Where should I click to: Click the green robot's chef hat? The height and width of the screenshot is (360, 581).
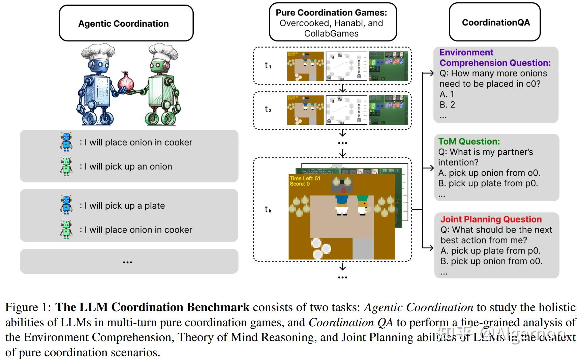[163, 52]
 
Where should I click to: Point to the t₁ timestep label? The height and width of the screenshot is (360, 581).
[268, 65]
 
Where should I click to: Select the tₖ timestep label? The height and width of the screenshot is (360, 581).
[268, 209]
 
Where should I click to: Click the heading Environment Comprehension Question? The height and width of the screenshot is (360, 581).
[494, 58]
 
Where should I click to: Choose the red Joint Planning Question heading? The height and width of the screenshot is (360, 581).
[491, 219]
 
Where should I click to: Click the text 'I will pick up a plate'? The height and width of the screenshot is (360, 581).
[124, 206]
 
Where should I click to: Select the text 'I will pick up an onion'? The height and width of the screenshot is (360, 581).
[128, 167]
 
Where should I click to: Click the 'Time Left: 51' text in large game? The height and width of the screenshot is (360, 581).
[305, 178]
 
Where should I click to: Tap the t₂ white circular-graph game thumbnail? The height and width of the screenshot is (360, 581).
[346, 110]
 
